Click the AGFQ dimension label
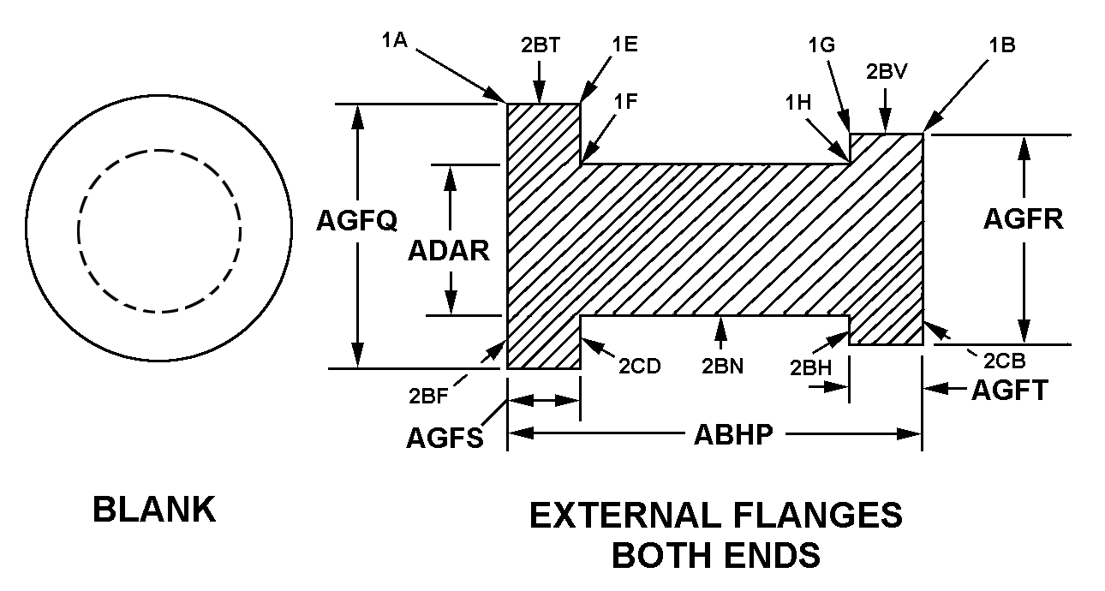click(x=356, y=220)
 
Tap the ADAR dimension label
click(x=449, y=251)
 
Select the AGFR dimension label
click(x=1024, y=218)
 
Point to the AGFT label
click(x=1010, y=391)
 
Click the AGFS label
click(x=445, y=438)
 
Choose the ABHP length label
click(x=733, y=434)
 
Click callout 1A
click(x=395, y=40)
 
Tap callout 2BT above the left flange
click(x=541, y=45)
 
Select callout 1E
click(x=625, y=45)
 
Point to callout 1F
click(x=625, y=102)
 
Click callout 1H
click(x=798, y=103)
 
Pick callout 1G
click(x=821, y=45)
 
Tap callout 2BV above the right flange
click(x=887, y=72)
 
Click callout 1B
click(x=1002, y=45)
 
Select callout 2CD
click(x=639, y=366)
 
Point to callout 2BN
click(x=722, y=366)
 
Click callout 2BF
click(x=428, y=396)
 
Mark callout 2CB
click(x=1005, y=361)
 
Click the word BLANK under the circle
click(x=154, y=510)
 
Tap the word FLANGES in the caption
click(x=817, y=515)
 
